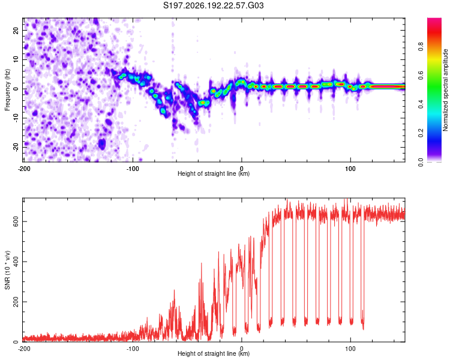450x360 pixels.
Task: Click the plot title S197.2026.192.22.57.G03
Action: coord(213,5)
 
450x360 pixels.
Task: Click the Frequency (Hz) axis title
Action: coord(7,90)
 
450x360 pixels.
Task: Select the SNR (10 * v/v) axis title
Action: coord(7,270)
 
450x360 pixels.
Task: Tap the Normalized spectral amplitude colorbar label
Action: coord(445,90)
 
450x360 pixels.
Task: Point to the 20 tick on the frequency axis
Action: coord(16,30)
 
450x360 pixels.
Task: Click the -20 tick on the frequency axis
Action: coord(16,147)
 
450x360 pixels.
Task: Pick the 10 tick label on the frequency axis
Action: coord(16,59)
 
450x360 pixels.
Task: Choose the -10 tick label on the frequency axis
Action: coord(16,118)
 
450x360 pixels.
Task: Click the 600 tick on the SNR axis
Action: coord(16,221)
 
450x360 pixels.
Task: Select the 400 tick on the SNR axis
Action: coord(16,262)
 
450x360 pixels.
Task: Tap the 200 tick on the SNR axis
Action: coord(16,302)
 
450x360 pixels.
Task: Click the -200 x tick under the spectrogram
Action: coord(24,169)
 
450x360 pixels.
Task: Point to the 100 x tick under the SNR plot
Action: coord(350,349)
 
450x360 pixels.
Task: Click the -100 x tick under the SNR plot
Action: coord(133,349)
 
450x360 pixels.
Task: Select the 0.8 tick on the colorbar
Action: coord(421,46)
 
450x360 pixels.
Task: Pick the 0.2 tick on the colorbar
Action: coord(421,133)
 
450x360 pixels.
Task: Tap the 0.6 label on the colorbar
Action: coord(421,75)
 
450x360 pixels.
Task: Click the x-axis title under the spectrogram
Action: coord(214,173)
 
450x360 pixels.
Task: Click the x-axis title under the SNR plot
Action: coord(214,353)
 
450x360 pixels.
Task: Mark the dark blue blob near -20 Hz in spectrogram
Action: coord(102,143)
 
